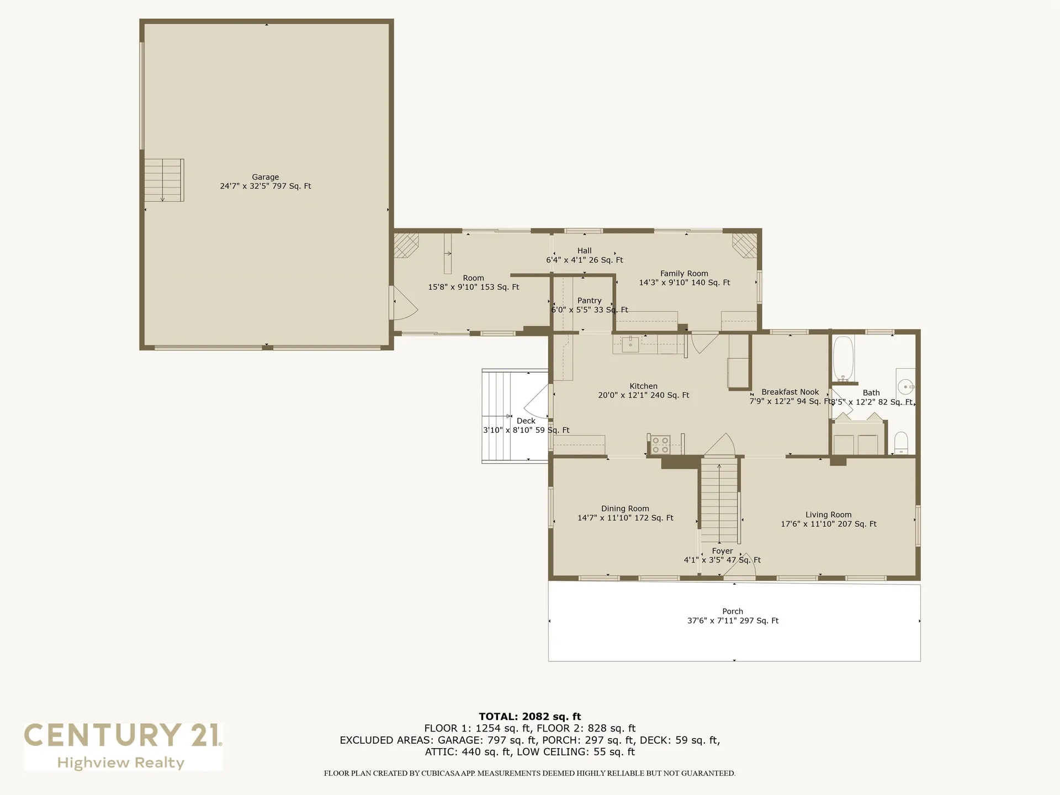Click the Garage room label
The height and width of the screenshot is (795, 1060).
(x=265, y=177)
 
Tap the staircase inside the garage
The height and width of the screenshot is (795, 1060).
(x=163, y=181)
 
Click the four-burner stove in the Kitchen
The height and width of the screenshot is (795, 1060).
(x=660, y=445)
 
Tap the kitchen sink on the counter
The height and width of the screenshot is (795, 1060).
(x=630, y=345)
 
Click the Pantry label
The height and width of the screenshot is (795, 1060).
(x=589, y=301)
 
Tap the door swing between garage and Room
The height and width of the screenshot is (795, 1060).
(x=402, y=305)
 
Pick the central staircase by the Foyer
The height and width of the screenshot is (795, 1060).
(x=719, y=502)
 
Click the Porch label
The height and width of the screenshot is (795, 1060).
(x=733, y=611)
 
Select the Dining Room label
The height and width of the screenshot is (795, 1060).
(x=625, y=508)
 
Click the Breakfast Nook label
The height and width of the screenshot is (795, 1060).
(x=790, y=392)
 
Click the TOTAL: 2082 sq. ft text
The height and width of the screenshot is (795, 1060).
(x=529, y=717)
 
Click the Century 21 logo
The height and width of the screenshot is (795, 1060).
(x=123, y=746)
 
